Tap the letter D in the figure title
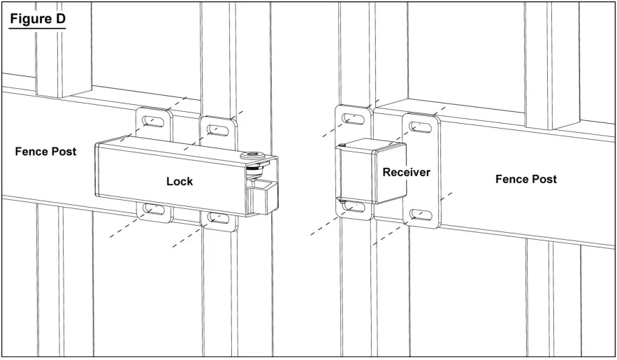[60, 18]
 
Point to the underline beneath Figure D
[37, 28]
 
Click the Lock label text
[180, 181]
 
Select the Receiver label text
[407, 172]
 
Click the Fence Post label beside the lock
[45, 152]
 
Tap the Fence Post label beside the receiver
[526, 179]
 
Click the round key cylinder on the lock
[251, 155]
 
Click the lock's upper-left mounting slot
[154, 121]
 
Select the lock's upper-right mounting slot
[217, 130]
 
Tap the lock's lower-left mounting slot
[154, 208]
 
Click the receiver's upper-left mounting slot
[353, 118]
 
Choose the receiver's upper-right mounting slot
[420, 127]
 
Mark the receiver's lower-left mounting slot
[353, 206]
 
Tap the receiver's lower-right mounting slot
[420, 215]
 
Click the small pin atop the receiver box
[343, 145]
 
